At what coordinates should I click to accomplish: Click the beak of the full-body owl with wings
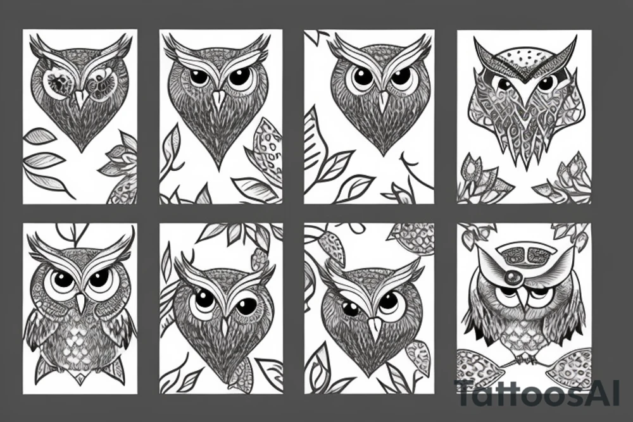pyautogui.click(x=80, y=302)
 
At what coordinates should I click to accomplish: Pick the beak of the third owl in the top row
pyautogui.click(x=382, y=100)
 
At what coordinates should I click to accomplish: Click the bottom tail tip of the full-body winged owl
pyautogui.click(x=80, y=380)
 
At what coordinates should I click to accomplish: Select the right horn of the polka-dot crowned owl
pyautogui.click(x=568, y=49)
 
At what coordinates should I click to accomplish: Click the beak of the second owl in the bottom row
pyautogui.click(x=224, y=326)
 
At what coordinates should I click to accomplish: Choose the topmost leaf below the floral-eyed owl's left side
pyautogui.click(x=39, y=135)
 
